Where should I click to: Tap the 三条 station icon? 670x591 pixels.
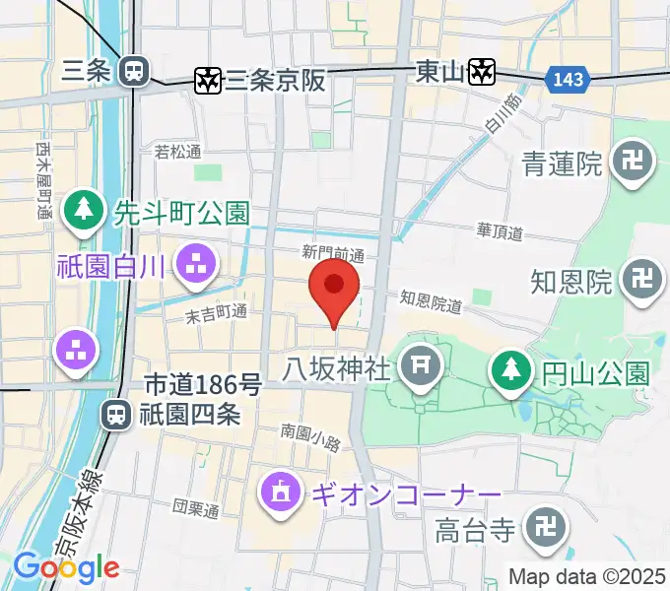click(132, 70)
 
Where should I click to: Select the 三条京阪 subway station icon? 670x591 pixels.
click(208, 80)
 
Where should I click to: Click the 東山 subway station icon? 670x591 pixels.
click(480, 71)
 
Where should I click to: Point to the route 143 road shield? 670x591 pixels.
click(568, 78)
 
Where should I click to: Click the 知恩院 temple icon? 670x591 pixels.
click(642, 281)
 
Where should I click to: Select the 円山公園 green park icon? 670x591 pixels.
click(510, 371)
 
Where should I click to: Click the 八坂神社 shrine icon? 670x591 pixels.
click(420, 367)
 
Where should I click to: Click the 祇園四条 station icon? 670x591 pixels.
click(117, 415)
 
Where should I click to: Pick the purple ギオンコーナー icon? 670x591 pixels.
click(280, 492)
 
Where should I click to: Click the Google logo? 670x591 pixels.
click(66, 566)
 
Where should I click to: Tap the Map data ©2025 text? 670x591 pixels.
click(587, 576)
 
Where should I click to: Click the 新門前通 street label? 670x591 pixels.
click(333, 255)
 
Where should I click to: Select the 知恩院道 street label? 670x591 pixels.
click(432, 300)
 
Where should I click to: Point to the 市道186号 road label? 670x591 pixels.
click(204, 384)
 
